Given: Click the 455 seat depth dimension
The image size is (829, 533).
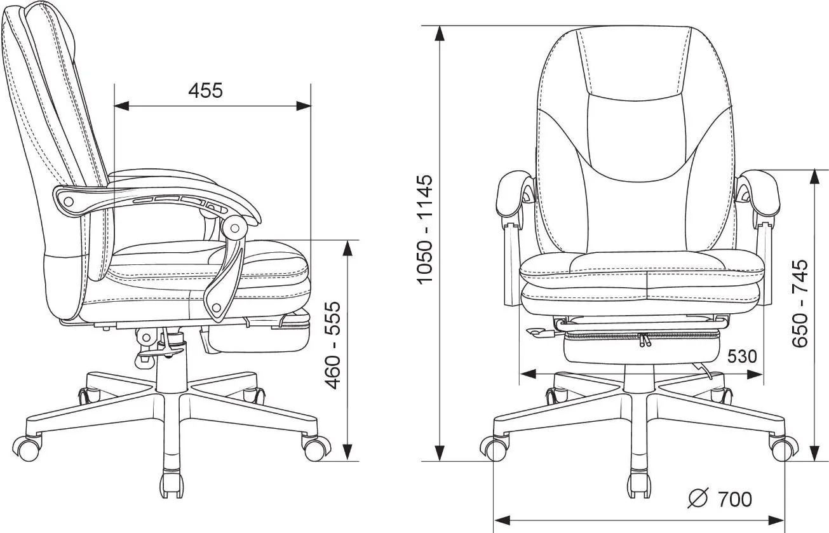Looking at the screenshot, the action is coord(205,91).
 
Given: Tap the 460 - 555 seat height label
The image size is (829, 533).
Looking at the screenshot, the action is coord(332,346).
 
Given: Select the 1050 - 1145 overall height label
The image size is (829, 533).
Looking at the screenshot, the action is coord(424,229).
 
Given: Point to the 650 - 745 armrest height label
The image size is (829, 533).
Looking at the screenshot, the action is coord(800,304).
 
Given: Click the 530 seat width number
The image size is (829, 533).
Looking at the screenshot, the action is coord(742,357).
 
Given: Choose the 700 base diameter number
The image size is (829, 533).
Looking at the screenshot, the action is coord(735,499).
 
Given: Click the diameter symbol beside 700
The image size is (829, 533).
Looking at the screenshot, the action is coord(698,498).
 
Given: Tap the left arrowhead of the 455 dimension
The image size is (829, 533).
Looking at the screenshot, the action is coord(121,106).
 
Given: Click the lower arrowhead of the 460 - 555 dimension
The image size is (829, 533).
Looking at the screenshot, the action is coord(347,452).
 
